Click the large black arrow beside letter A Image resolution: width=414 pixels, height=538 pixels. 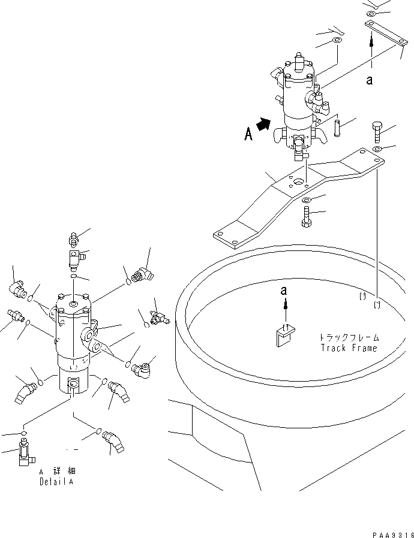pos(262,125)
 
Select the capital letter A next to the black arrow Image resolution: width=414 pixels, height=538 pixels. pos(248,135)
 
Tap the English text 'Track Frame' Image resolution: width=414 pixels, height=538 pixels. pos(349,348)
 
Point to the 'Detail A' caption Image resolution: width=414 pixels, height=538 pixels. pos(58,481)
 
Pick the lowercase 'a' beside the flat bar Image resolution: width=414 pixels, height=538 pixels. pos(370,80)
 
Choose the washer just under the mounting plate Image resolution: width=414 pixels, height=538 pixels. pos(305,200)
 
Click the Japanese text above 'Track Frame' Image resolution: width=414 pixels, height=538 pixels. pos(350,337)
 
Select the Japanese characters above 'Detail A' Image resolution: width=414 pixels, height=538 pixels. pos(58,471)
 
